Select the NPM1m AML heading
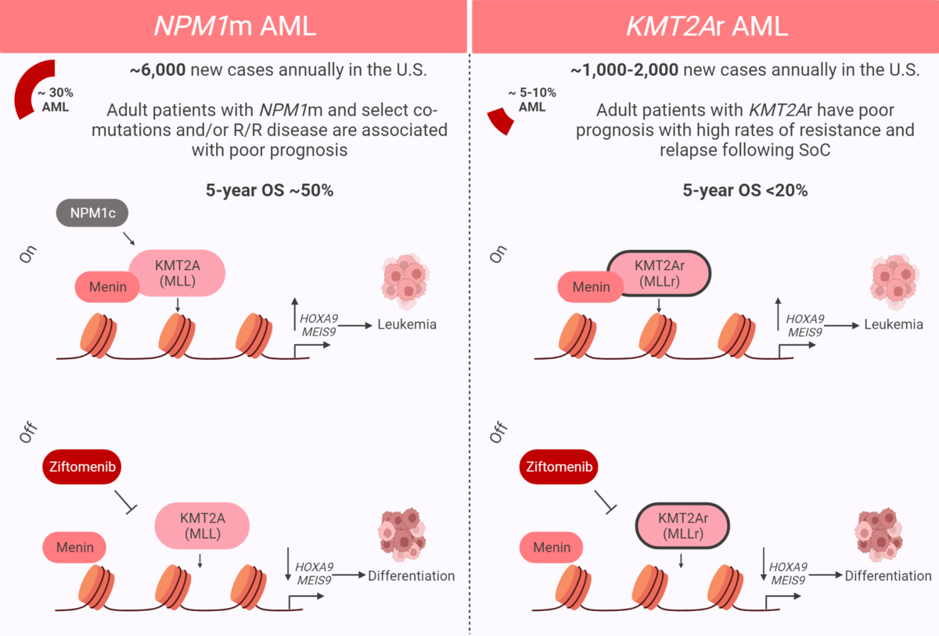click(234, 26)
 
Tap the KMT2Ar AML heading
click(706, 26)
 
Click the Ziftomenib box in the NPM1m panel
click(82, 467)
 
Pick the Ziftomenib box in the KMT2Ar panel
click(557, 467)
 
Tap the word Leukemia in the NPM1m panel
click(406, 324)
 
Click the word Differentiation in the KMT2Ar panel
click(888, 576)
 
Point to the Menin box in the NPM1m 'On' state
click(107, 286)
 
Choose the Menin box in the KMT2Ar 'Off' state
click(552, 548)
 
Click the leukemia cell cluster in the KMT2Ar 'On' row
click(892, 282)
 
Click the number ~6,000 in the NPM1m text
click(158, 70)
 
